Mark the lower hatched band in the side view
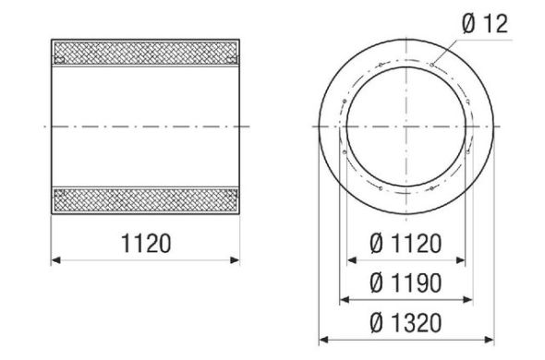click(145, 200)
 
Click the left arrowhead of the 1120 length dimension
click(54, 261)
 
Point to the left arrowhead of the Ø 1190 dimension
click(343, 300)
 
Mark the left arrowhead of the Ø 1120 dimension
click(349, 261)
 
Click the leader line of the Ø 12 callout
click(453, 47)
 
